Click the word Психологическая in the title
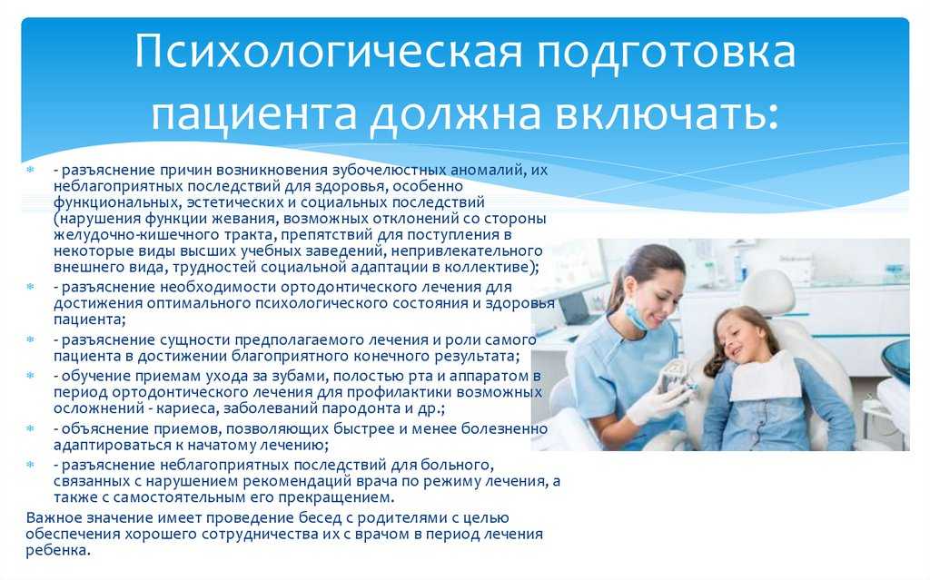coord(329,52)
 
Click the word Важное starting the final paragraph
coord(54,517)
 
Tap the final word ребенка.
coord(58,551)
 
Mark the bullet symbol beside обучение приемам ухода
coord(30,375)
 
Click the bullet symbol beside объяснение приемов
coord(30,428)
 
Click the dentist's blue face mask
coord(637,318)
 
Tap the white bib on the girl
coord(765,377)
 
